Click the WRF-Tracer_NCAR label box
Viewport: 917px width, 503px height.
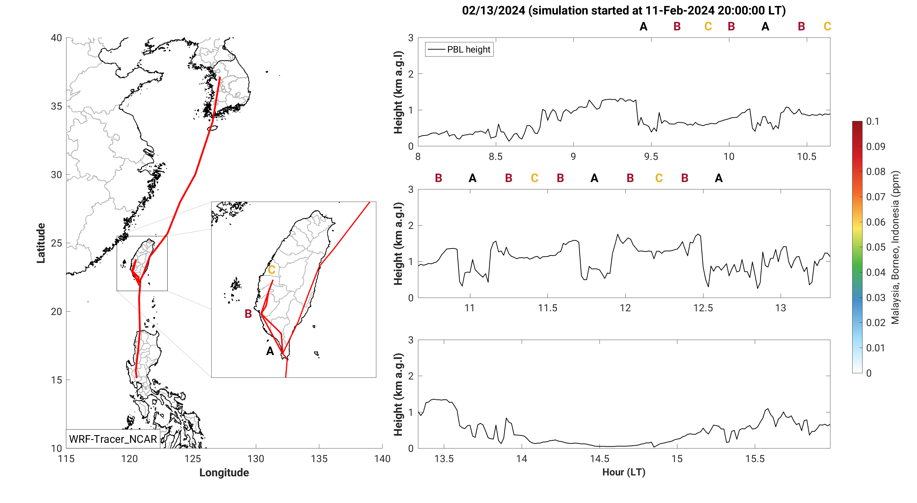[x=113, y=439]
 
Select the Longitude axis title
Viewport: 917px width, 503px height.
[x=224, y=472]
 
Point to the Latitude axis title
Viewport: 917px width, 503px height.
[x=41, y=243]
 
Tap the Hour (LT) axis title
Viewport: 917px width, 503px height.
[x=624, y=472]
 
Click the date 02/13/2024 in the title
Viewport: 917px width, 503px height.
[x=493, y=11]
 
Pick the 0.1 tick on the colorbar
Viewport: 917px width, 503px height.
[x=872, y=121]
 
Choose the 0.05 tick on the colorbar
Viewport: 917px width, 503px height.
[x=875, y=247]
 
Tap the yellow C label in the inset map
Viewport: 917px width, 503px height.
[x=271, y=270]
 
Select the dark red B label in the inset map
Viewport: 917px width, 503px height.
[x=248, y=314]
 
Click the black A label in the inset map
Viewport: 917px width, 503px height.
[x=270, y=351]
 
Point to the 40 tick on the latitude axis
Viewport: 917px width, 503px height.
[x=56, y=38]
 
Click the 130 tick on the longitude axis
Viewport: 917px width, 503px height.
[x=256, y=459]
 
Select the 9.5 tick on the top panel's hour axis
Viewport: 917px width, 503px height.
[x=651, y=156]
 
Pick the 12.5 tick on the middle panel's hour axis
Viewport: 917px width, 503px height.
[x=703, y=308]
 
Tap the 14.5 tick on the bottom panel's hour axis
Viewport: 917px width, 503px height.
[x=600, y=459]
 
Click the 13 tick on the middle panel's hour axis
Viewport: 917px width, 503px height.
[x=781, y=308]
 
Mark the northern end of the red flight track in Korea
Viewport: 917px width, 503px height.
[x=220, y=77]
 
